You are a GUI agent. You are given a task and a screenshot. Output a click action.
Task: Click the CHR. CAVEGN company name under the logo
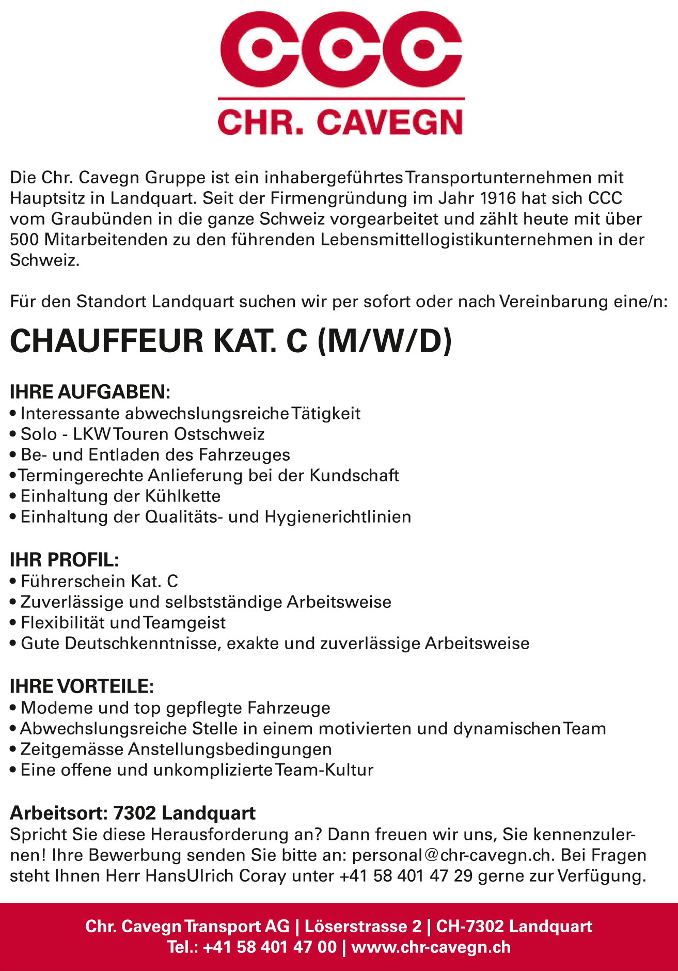click(x=340, y=122)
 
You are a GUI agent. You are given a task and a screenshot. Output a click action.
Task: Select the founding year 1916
click(x=498, y=198)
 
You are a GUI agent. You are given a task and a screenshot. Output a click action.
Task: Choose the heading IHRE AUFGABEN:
click(x=90, y=391)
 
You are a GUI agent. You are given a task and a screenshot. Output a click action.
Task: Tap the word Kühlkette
click(x=183, y=496)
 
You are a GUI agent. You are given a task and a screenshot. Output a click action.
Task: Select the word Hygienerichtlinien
click(x=338, y=516)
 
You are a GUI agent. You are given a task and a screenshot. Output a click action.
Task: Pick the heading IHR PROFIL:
click(x=65, y=559)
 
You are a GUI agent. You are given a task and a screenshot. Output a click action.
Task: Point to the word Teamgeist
click(x=184, y=622)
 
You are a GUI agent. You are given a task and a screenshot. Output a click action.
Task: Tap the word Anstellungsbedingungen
click(x=230, y=749)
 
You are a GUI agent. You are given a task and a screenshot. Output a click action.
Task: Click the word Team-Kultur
click(x=324, y=770)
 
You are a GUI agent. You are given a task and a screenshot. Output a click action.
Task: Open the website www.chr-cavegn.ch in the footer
click(x=431, y=947)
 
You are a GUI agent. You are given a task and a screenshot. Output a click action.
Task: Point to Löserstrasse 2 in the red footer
click(x=363, y=926)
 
